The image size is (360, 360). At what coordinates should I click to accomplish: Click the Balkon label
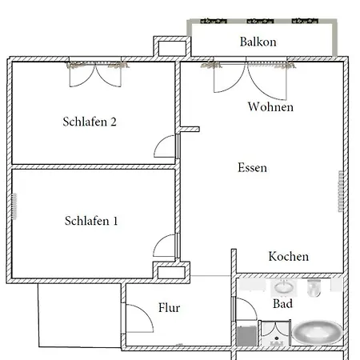(x=258, y=42)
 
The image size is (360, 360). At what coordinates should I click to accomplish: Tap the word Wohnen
(x=270, y=106)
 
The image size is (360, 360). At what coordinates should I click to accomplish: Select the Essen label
(x=252, y=168)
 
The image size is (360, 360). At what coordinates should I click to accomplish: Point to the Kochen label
(x=288, y=257)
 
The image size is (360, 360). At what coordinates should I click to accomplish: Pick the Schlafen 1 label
(x=90, y=221)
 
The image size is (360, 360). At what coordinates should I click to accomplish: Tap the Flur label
(x=169, y=308)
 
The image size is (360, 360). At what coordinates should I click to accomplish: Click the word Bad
(x=282, y=304)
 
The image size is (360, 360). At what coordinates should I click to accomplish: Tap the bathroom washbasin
(x=282, y=286)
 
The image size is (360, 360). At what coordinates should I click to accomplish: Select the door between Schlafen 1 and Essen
(x=165, y=245)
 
